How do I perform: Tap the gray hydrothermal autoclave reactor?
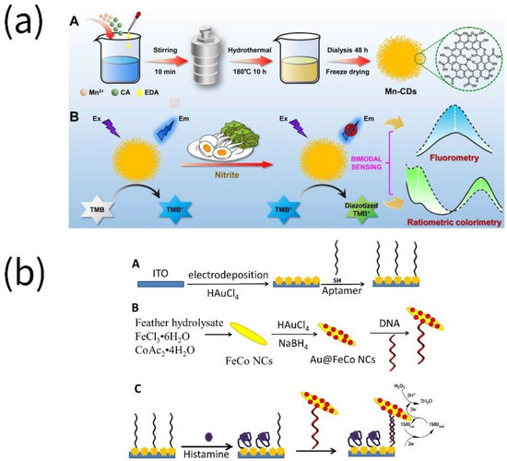pyautogui.click(x=207, y=58)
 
